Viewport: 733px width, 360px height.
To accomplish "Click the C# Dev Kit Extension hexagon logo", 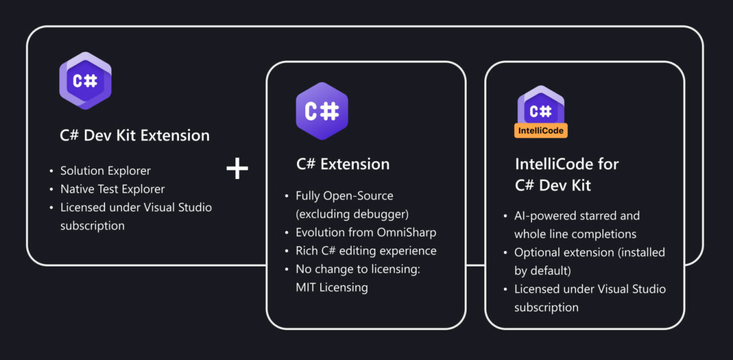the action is [86, 81].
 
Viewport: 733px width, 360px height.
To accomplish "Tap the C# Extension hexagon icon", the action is [322, 111].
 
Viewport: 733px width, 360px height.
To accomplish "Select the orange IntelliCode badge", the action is [541, 131].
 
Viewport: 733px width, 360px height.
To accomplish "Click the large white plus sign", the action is [237, 168].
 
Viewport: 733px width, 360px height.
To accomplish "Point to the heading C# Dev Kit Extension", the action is [134, 135].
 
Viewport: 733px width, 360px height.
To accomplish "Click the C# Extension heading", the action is [343, 164].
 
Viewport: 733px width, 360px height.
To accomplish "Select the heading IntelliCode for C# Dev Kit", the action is [567, 175].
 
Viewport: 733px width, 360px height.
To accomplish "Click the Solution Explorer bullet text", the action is [105, 171].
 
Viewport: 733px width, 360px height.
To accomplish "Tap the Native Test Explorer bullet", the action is [112, 189].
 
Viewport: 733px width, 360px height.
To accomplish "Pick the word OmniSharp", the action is [406, 232].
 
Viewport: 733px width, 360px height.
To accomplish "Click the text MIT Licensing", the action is [332, 287].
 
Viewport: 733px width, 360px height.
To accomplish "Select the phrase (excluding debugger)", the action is [352, 215].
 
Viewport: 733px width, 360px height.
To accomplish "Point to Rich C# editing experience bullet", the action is [366, 251].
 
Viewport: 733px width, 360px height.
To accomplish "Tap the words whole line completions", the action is [575, 234].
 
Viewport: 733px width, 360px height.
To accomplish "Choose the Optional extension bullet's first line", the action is [589, 252].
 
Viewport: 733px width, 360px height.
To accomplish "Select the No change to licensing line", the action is [358, 269].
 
